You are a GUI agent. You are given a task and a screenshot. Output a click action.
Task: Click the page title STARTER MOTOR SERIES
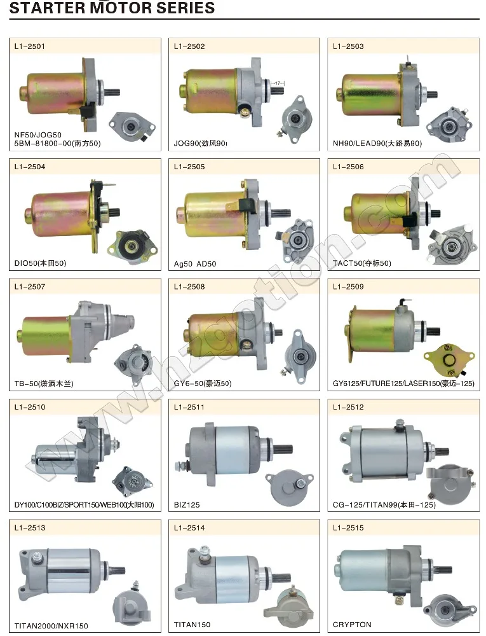(x=108, y=8)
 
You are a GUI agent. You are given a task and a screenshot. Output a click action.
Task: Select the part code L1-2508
(x=189, y=287)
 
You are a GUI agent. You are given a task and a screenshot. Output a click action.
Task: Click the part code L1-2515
(x=348, y=528)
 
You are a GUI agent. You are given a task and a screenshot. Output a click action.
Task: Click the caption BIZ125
(x=187, y=504)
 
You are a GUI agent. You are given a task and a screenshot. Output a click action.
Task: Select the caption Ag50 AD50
(x=195, y=263)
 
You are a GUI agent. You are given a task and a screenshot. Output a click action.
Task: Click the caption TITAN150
(x=192, y=625)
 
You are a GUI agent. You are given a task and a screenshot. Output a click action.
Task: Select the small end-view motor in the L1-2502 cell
(x=294, y=118)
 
